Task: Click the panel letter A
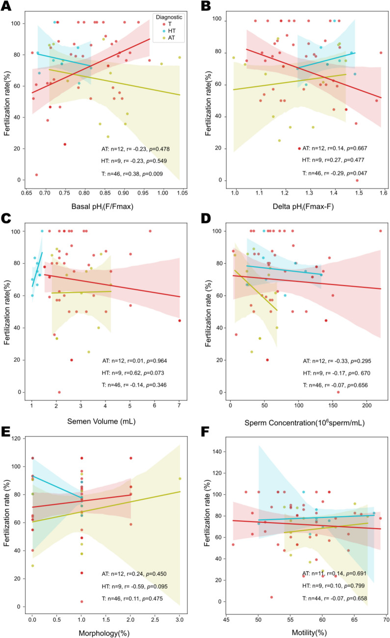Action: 6,6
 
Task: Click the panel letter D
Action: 206,218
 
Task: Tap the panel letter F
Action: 205,432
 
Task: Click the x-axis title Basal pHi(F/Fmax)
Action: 102,206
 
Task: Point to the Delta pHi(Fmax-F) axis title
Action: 303,206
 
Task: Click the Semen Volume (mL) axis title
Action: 102,421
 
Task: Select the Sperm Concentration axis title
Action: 305,422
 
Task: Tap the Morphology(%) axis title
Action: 104,633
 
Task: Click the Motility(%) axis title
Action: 309,633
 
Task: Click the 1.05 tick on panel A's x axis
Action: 182,193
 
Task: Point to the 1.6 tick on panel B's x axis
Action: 384,193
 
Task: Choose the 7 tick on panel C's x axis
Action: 179,405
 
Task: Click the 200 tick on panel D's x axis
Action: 366,405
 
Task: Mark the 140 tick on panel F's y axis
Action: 217,452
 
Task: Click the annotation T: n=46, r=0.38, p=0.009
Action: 132,174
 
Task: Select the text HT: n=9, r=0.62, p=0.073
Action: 133,373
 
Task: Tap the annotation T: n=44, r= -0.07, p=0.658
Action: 335,598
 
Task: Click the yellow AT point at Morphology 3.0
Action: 180,479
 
